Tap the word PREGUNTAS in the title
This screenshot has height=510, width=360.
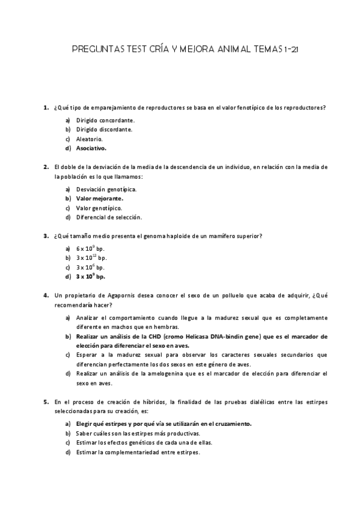[96, 51]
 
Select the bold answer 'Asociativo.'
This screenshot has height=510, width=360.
[91, 148]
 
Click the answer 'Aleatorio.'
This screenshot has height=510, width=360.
[90, 138]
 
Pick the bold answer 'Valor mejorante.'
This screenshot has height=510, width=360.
[100, 198]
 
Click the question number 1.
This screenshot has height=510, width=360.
[46, 108]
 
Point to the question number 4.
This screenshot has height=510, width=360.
[46, 296]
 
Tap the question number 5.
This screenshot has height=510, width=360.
[46, 401]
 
